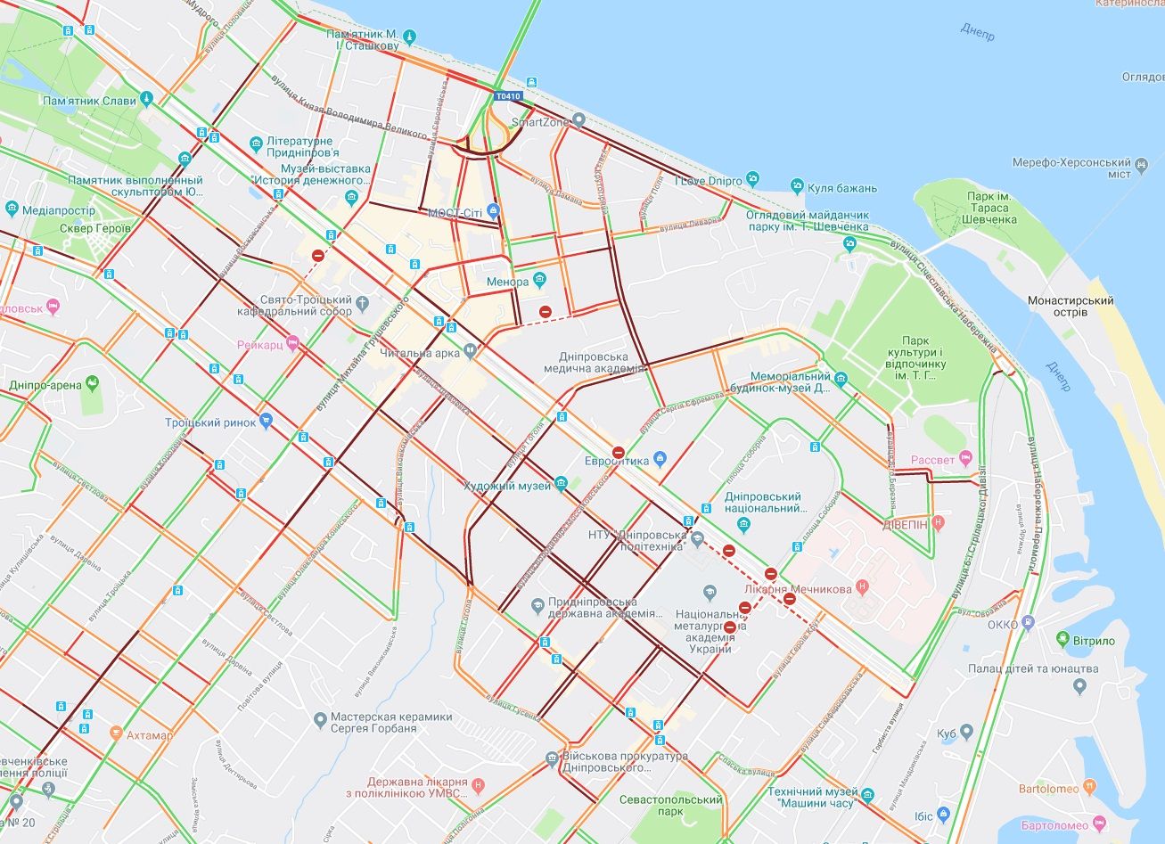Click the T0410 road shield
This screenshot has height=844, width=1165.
point(508,96)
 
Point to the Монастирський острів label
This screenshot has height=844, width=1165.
point(1070,306)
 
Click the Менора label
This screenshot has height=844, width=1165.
point(507,283)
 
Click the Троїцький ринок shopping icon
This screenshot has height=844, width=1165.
point(266,422)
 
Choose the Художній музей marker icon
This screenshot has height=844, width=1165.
point(561,484)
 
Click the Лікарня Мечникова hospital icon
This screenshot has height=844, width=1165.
point(861,588)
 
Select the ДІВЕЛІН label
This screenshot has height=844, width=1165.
point(906,525)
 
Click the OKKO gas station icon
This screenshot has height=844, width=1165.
point(1030,623)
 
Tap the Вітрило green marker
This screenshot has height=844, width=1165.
point(1062,639)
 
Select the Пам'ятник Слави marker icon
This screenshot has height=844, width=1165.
point(147,100)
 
